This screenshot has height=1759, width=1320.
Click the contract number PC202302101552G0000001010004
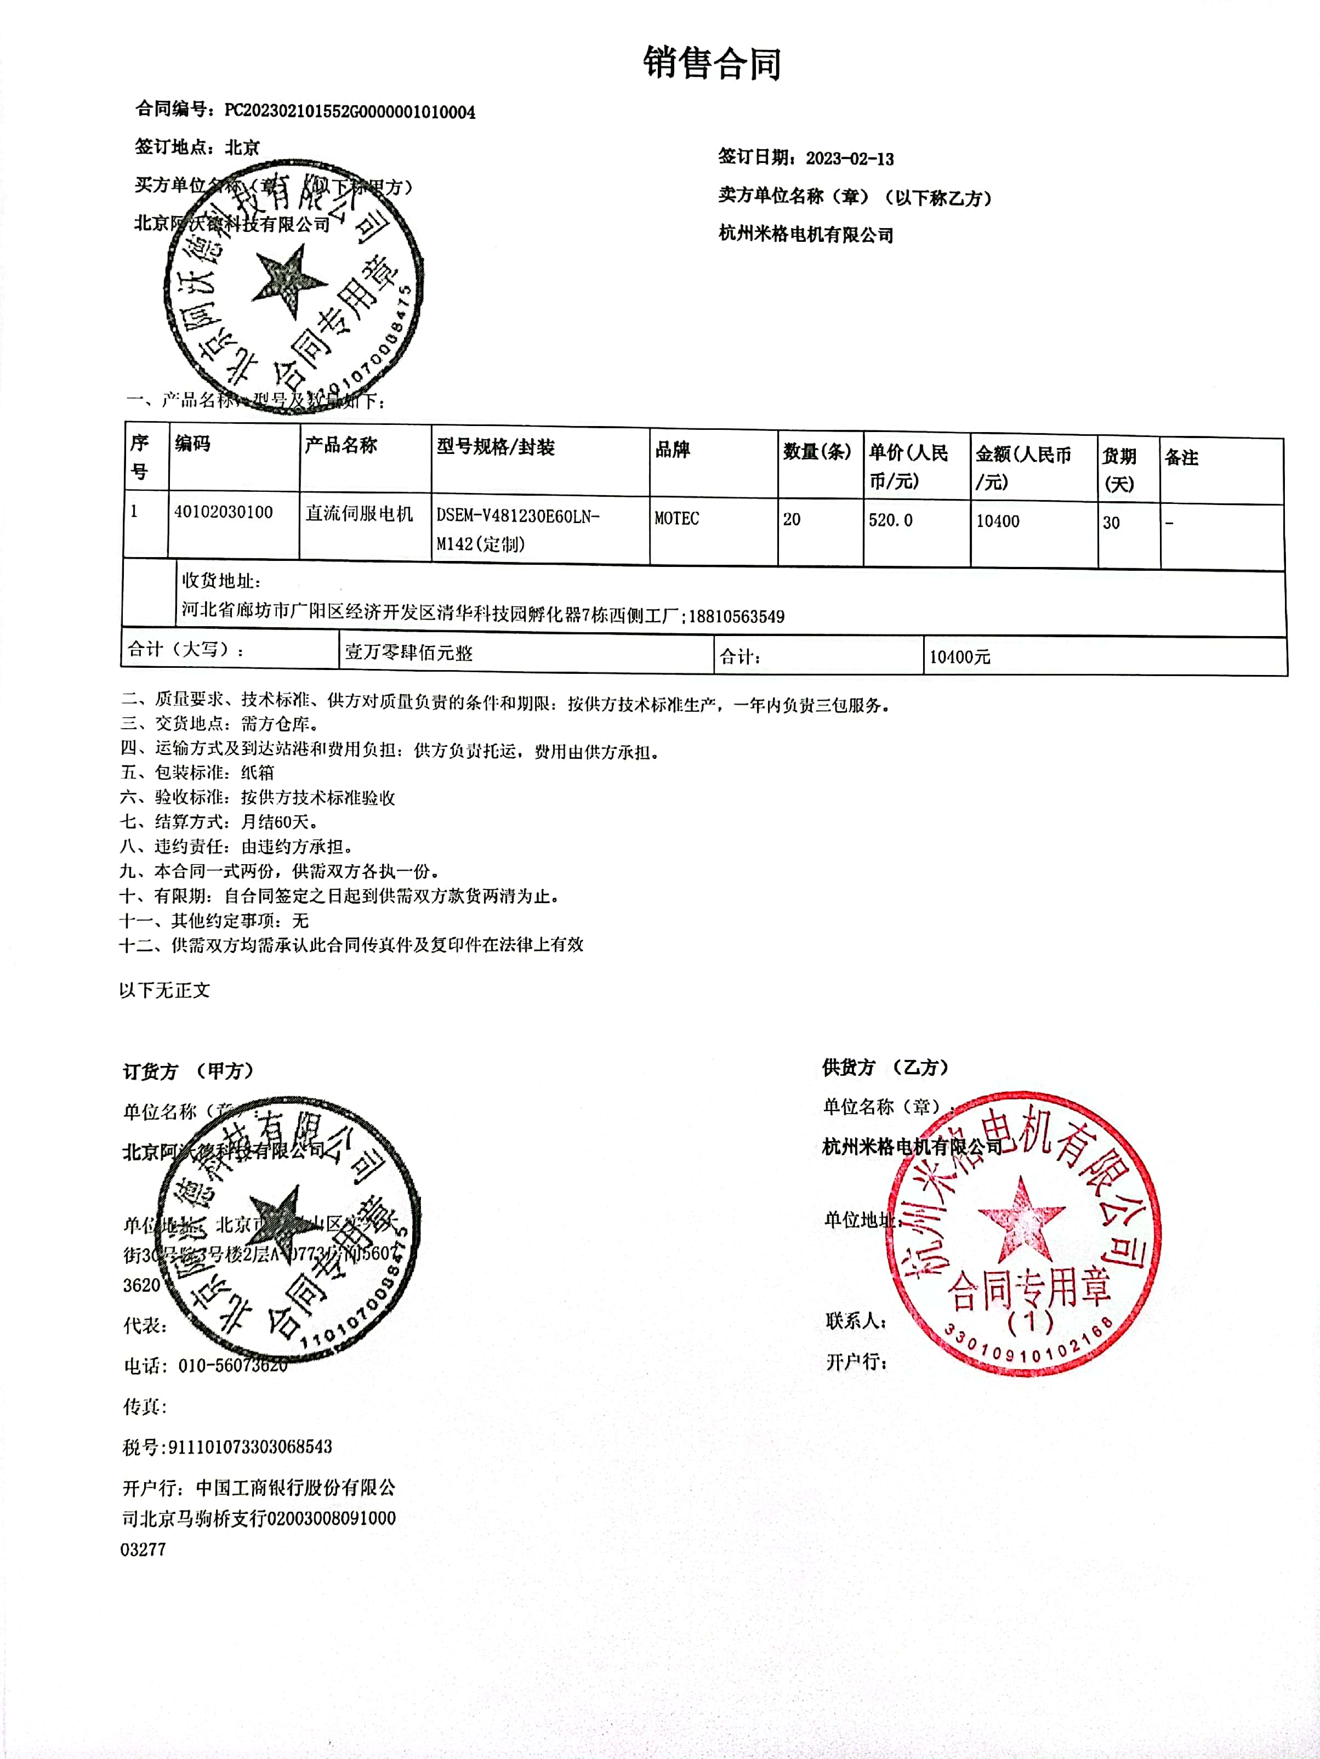(x=350, y=111)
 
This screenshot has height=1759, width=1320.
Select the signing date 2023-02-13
(x=849, y=158)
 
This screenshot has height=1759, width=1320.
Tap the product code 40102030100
(x=224, y=512)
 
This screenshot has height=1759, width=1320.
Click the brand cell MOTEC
(x=676, y=519)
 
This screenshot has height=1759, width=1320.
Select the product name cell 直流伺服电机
(x=360, y=514)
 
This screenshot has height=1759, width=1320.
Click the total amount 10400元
(x=960, y=657)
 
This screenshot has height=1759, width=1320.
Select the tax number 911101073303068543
(x=249, y=1446)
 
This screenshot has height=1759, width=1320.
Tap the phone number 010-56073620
(x=233, y=1365)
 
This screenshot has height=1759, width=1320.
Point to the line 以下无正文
(x=164, y=990)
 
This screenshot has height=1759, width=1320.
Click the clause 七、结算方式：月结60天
(x=219, y=821)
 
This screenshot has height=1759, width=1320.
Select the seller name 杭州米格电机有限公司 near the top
(x=805, y=235)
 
